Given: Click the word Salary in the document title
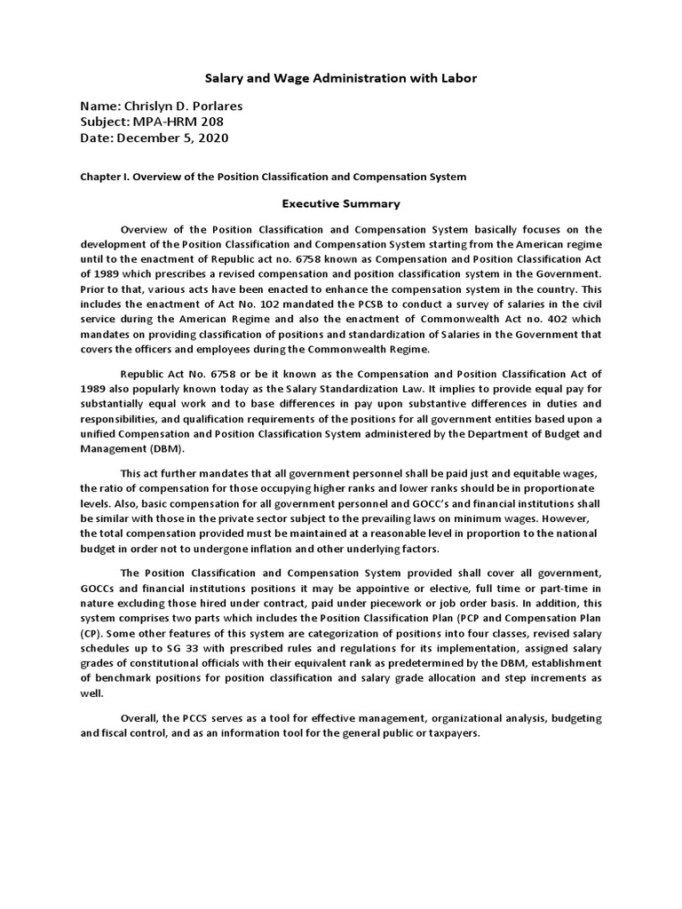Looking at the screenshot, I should click(226, 78).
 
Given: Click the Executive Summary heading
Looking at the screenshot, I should click(341, 203).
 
